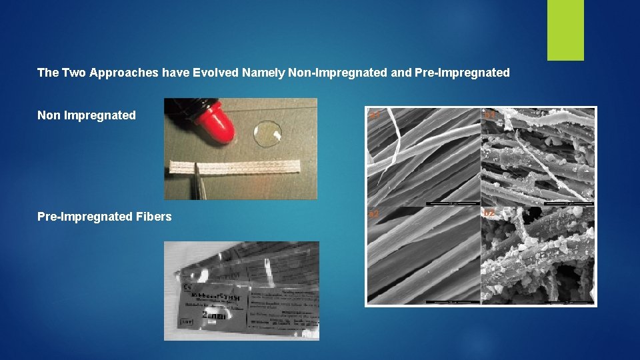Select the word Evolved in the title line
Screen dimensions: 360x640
tap(215, 73)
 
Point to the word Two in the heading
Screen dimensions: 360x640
tap(73, 73)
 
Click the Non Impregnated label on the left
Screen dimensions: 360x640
tap(87, 115)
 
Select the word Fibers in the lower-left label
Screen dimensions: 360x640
tap(154, 217)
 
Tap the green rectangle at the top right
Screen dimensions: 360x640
tap(565, 30)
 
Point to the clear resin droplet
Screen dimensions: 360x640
tap(268, 133)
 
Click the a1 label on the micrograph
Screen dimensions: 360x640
tap(375, 116)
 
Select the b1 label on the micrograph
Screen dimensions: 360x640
tap(490, 116)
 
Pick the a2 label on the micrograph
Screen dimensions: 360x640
tap(375, 214)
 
